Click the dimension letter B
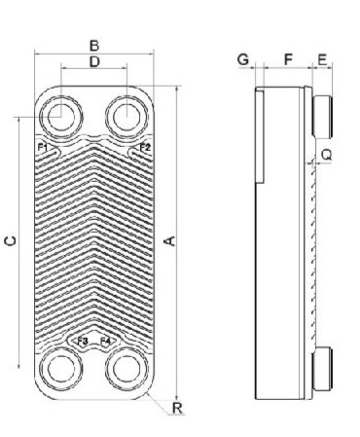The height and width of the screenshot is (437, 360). point(94,46)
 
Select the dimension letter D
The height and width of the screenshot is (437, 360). point(94,61)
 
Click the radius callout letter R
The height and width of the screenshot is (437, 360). point(177,408)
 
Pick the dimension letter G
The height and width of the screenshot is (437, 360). point(243,59)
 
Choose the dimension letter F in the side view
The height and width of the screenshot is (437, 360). point(288,59)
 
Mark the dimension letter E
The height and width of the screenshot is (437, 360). point(322,60)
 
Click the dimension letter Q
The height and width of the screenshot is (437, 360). point(327,155)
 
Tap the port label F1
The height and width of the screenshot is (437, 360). point(43,147)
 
